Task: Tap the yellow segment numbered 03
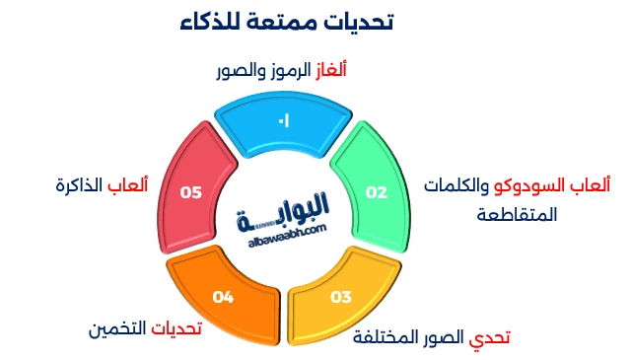tap(340, 296)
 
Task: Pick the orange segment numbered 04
tap(223, 296)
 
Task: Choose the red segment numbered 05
tap(191, 192)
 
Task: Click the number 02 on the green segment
tap(377, 193)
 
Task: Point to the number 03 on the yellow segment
tap(341, 297)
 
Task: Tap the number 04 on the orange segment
tap(223, 297)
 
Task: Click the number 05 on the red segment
tap(191, 193)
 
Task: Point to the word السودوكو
tap(535, 185)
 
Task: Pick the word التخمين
tap(111, 329)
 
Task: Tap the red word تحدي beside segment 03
tap(490, 337)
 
